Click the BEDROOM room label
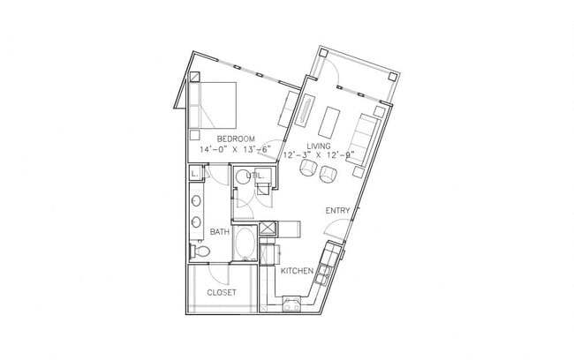pos(238,139)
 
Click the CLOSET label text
pos(221,292)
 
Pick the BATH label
pos(220,232)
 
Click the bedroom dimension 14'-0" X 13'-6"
pos(238,150)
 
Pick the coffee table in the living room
pos(333,119)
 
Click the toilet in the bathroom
pos(201,252)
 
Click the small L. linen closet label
pos(193,176)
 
